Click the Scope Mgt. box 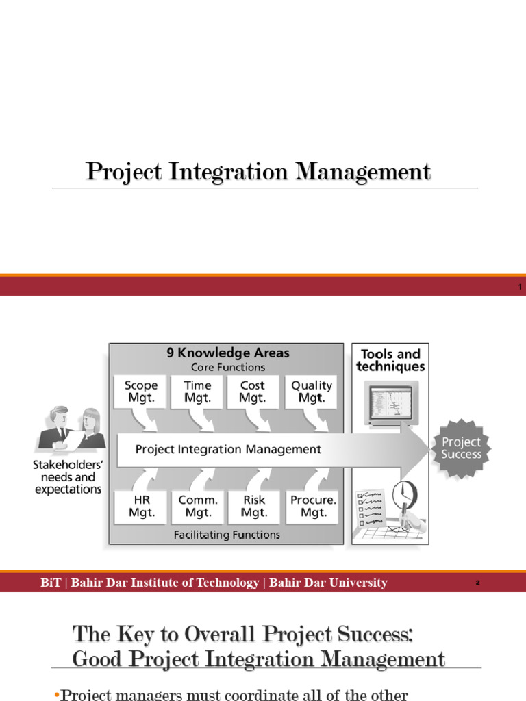point(140,392)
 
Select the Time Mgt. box point(197,392)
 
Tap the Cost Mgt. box point(253,392)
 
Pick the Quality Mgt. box point(312,392)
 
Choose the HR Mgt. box point(141,507)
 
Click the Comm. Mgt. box point(198,507)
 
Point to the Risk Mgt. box point(253,507)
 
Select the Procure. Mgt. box point(312,507)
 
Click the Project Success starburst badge point(461,448)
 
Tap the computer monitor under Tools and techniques point(392,404)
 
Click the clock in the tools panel point(405,494)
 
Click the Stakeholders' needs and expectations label point(68,477)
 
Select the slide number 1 point(519,287)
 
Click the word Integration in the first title point(228,172)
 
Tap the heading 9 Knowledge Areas point(228,353)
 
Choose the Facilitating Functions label point(227,535)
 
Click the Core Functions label point(228,367)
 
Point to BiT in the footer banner point(50,583)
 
